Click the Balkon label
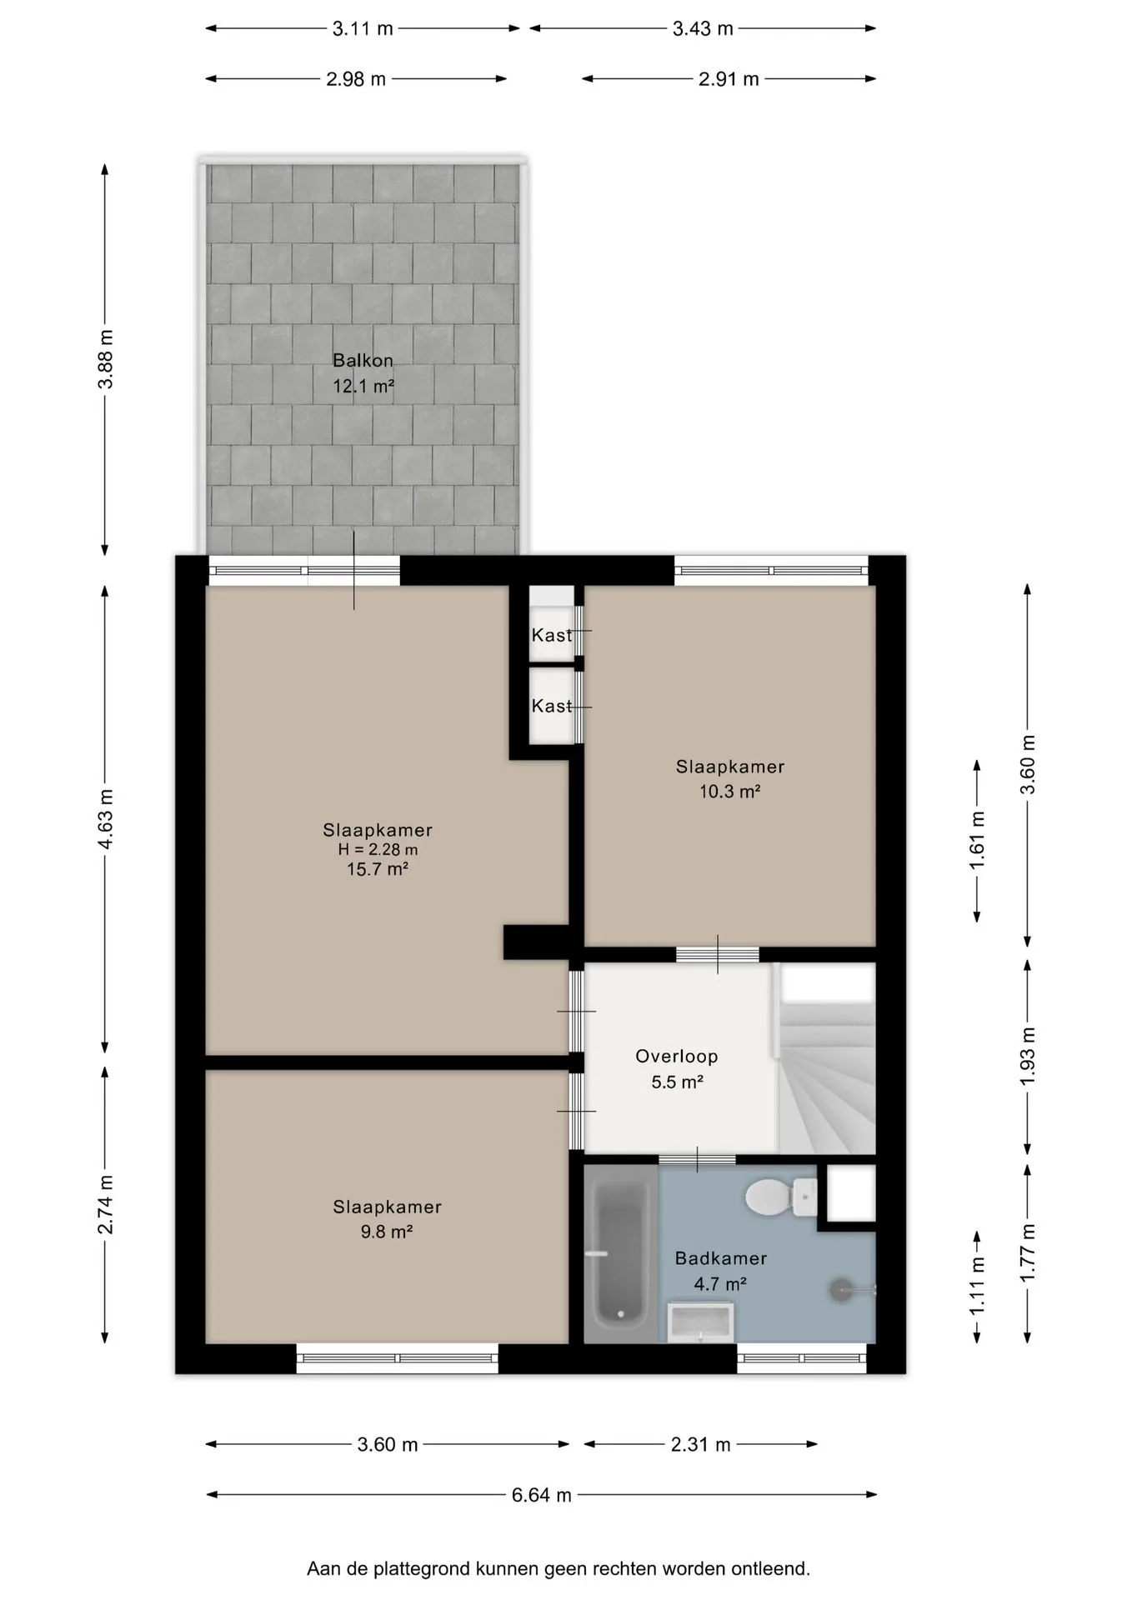coord(363,361)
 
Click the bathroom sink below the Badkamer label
coord(700,1323)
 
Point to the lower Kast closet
coord(552,706)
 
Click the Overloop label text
coord(676,1057)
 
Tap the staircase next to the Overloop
coord(826,1058)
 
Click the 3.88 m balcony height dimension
coord(105,359)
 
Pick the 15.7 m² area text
coord(378,870)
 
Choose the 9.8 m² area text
coord(387,1232)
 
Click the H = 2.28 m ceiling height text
coord(378,850)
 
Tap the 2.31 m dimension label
coord(700,1444)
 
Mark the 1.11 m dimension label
coord(977,1287)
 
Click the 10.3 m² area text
coord(729,792)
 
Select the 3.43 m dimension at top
coord(703,28)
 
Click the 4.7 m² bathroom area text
coord(720,1284)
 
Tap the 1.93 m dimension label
coord(1027,1056)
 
